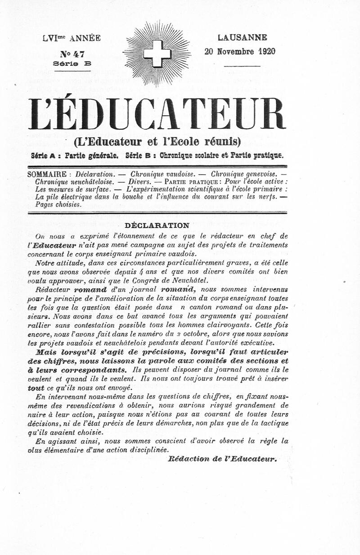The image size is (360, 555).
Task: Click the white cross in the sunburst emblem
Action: pos(157,54)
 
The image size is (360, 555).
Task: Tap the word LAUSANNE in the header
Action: pos(242,38)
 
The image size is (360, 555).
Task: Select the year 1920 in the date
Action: pos(267,51)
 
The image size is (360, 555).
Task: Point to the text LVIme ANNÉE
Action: pos(72,38)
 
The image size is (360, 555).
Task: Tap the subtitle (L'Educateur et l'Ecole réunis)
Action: pos(157,142)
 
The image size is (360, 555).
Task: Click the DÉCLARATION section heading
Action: pos(157,225)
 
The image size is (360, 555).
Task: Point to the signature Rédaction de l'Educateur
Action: pos(223,459)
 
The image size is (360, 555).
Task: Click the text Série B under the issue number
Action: pos(72,64)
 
